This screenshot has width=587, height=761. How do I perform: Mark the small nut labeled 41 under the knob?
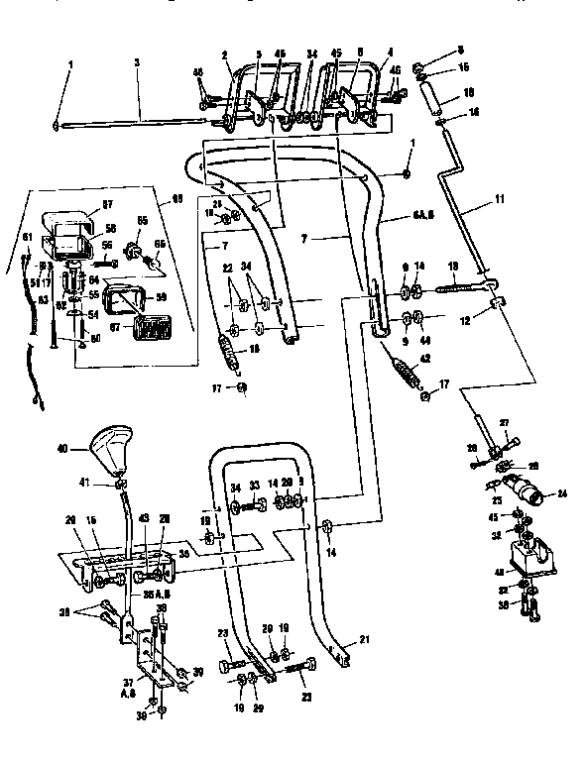point(119,484)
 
